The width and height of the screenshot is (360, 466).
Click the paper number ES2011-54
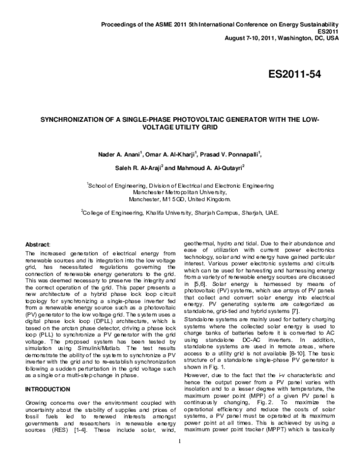coord(295,74)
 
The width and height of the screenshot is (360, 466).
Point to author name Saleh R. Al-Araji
coord(138,168)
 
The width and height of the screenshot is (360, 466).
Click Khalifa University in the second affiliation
coord(158,213)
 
